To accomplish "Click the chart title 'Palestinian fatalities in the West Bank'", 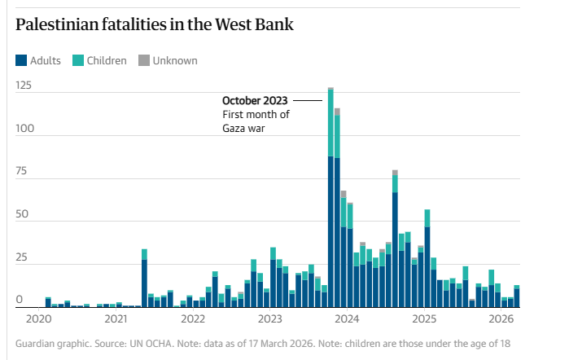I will (x=155, y=24).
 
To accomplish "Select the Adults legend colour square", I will (x=21, y=60).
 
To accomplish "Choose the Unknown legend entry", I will (x=168, y=60).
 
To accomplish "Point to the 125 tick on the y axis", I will (x=24, y=85).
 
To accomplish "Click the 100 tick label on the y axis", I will (x=24, y=129).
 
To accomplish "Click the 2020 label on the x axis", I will (x=38, y=318).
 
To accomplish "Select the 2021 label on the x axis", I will (x=116, y=318).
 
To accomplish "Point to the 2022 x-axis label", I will (x=192, y=318).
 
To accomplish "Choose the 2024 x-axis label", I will (x=347, y=318).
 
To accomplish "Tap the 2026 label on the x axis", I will (x=501, y=318).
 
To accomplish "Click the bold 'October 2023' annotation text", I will (x=255, y=100).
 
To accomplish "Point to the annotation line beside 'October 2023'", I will (x=308, y=99).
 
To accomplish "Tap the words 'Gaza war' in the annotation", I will (x=244, y=128).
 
